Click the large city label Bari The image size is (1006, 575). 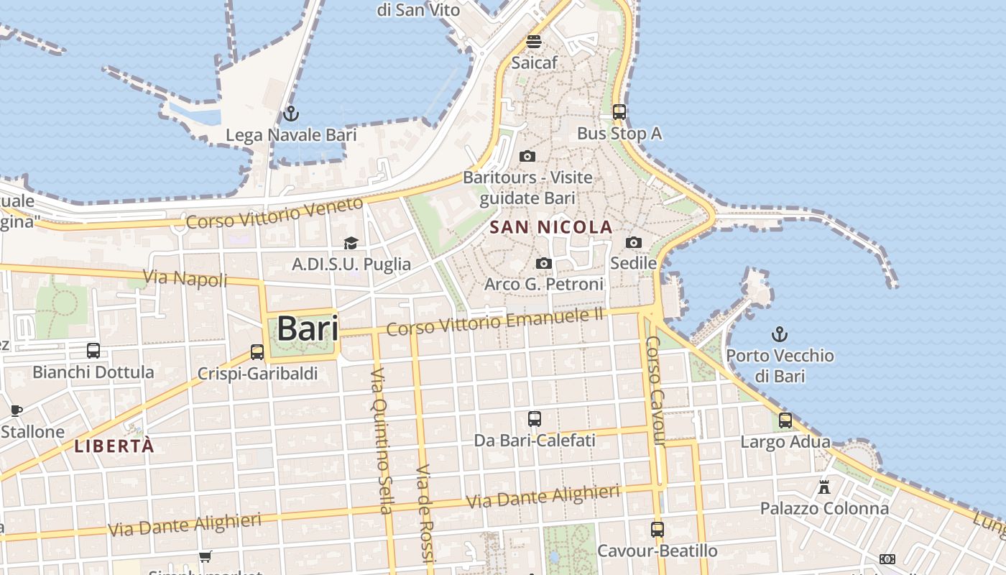click(x=307, y=329)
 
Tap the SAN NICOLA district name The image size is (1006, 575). click(x=550, y=228)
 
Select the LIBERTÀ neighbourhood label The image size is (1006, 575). click(x=114, y=446)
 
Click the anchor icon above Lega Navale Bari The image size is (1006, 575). click(x=290, y=114)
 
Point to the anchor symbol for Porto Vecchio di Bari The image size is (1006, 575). click(x=779, y=334)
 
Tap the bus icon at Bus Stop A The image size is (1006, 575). click(x=619, y=112)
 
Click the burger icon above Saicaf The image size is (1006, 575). click(x=533, y=42)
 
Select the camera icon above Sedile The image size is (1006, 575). click(x=633, y=243)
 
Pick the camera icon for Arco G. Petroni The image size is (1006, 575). click(x=544, y=264)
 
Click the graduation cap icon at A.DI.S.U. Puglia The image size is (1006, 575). click(x=351, y=244)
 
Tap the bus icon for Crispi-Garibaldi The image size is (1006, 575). click(x=257, y=352)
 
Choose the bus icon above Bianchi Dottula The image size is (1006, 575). click(x=93, y=351)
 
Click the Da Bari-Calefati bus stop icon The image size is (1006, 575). click(x=535, y=419)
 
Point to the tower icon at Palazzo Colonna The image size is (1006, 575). click(x=824, y=487)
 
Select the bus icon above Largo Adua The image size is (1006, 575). click(x=785, y=420)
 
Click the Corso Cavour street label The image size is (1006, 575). click(x=656, y=392)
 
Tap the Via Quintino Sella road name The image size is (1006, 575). click(x=381, y=441)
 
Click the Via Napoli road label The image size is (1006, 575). click(x=185, y=278)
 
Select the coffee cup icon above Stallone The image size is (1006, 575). click(x=16, y=411)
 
